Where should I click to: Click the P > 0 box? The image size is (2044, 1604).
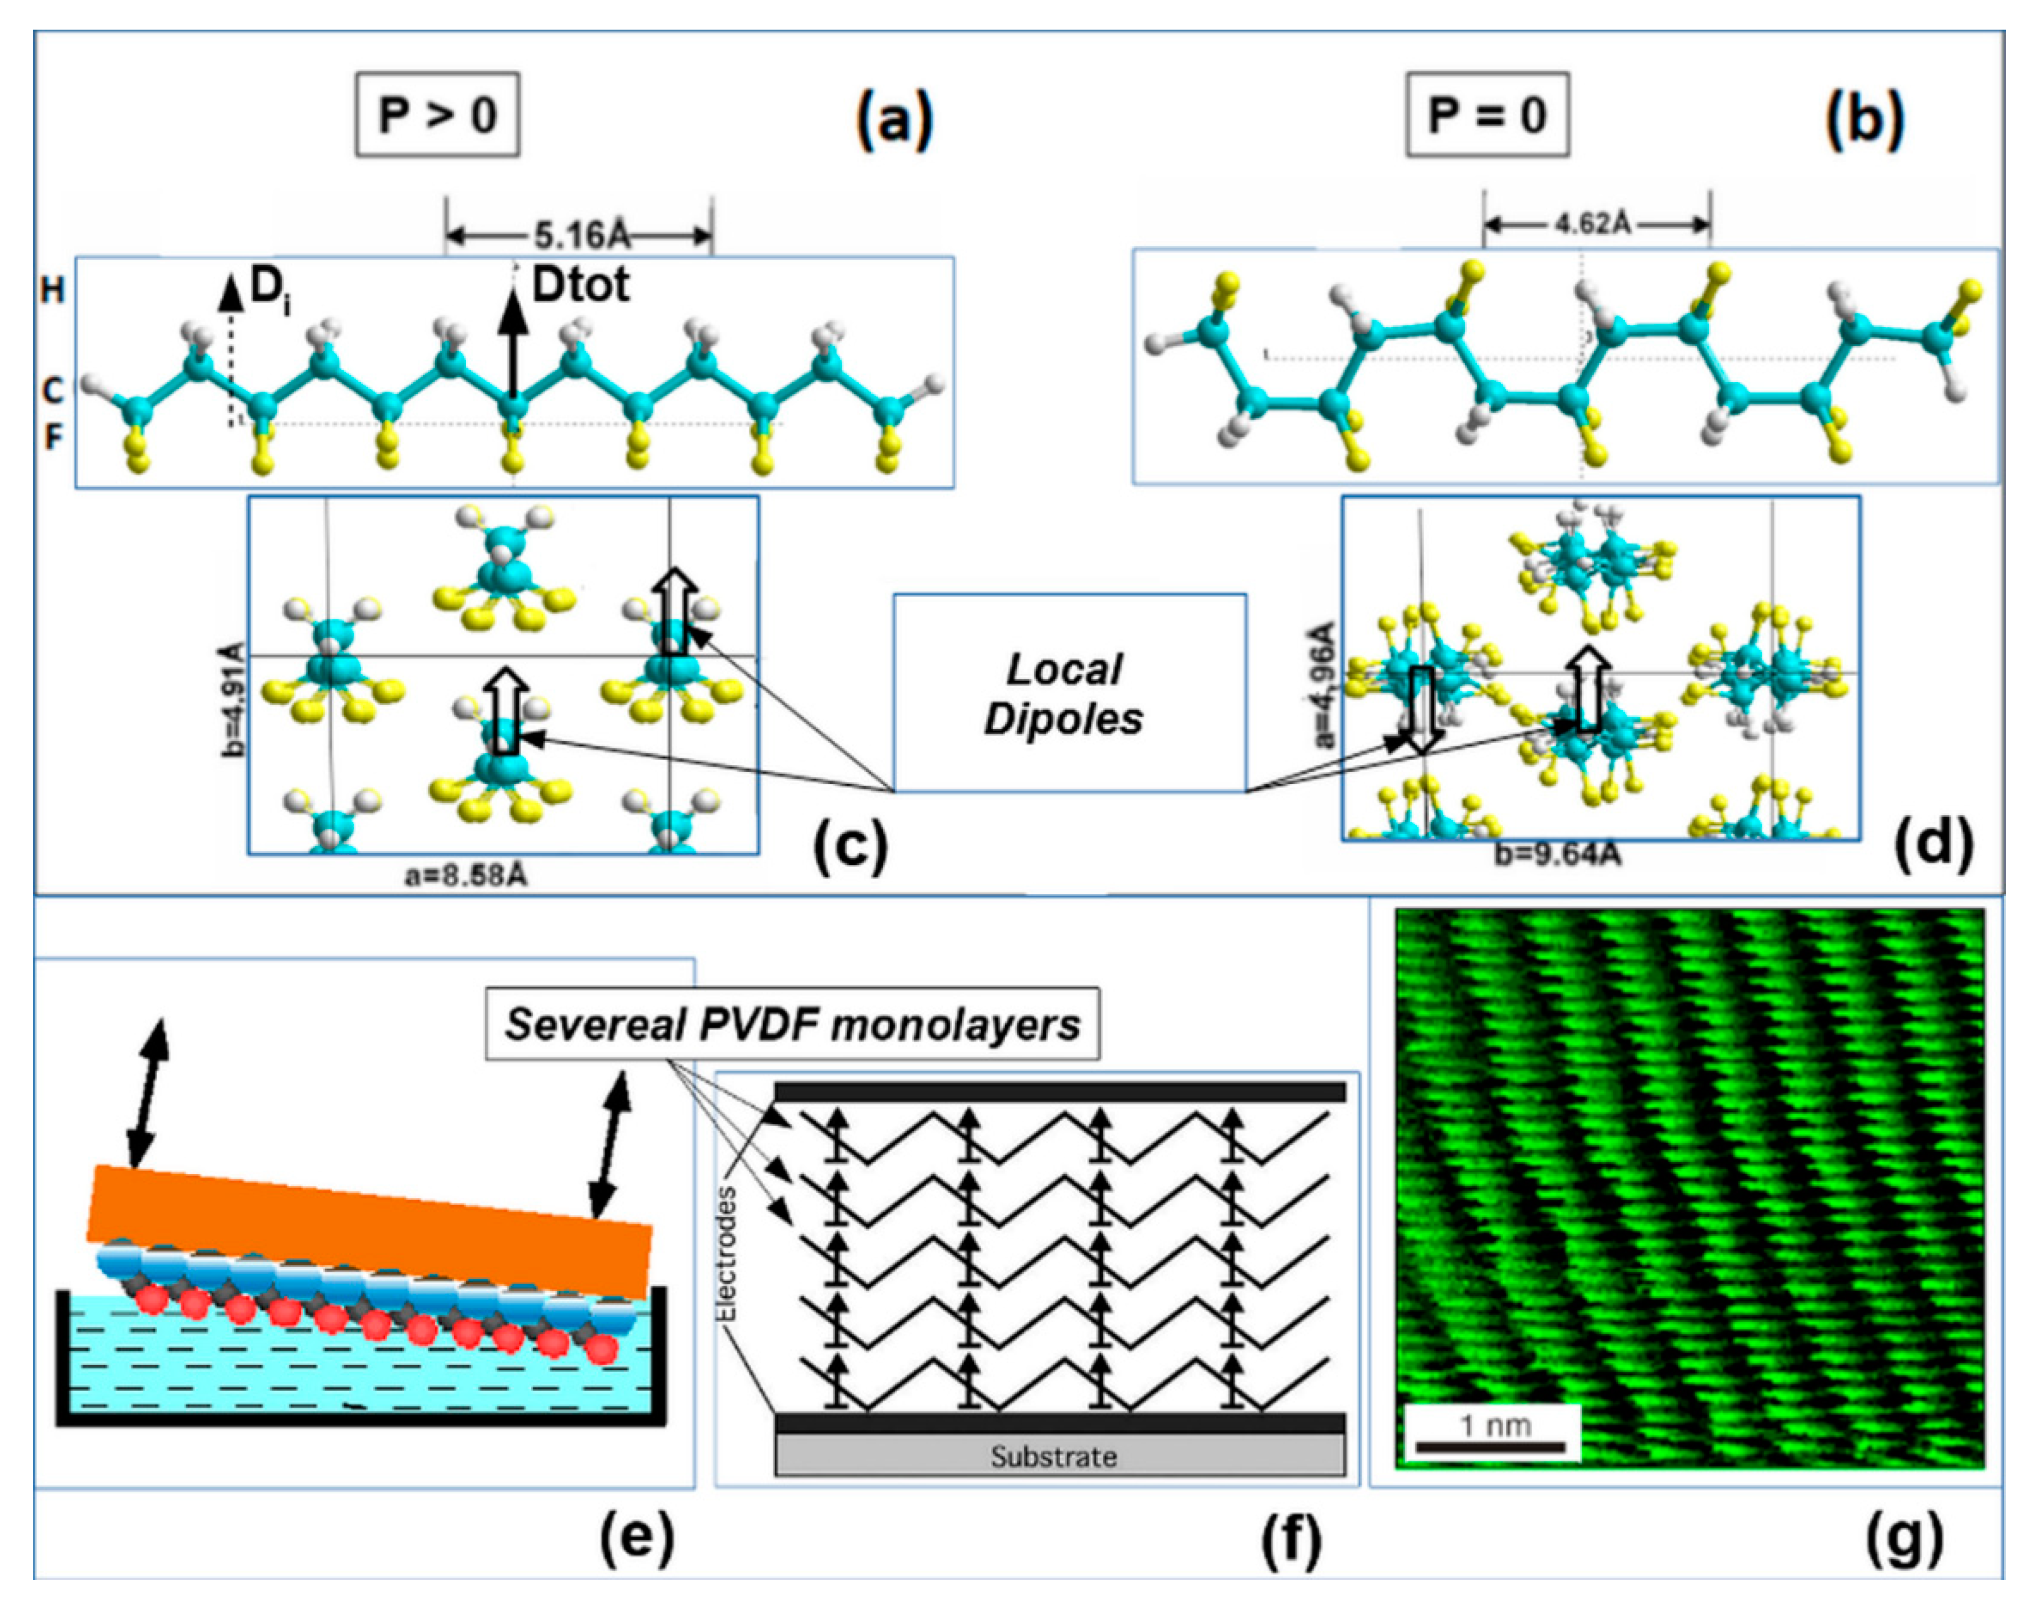[x=437, y=115]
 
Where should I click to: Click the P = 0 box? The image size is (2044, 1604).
[x=1487, y=115]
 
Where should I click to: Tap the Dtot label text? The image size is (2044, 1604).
[x=580, y=285]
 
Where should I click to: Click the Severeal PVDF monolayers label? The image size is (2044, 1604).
[x=792, y=1024]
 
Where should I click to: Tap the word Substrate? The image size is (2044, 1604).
[x=1054, y=1456]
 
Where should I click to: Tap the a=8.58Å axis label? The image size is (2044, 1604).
[x=466, y=876]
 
